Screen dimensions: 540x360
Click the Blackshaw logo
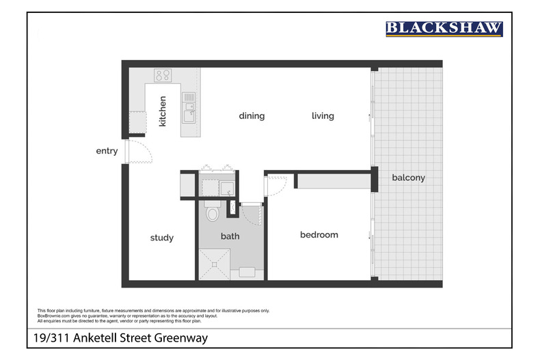[x=444, y=29]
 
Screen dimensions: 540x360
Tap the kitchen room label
[x=162, y=111]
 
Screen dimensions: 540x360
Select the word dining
[x=252, y=116]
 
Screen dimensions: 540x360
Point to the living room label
[x=323, y=116]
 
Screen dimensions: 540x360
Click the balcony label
[x=409, y=178]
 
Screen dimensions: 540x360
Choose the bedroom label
[x=319, y=235]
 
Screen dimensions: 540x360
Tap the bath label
[x=230, y=236]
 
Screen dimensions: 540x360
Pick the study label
[x=162, y=238]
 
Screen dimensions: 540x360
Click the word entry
[x=107, y=151]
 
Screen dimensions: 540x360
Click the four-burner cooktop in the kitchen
[x=163, y=75]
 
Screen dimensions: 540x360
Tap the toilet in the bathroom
[x=213, y=211]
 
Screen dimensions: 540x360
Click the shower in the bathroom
[x=214, y=264]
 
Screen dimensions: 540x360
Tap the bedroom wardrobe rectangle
[x=334, y=181]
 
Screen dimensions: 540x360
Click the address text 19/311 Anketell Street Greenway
[x=120, y=337]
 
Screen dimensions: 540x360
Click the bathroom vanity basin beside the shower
[x=247, y=273]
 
